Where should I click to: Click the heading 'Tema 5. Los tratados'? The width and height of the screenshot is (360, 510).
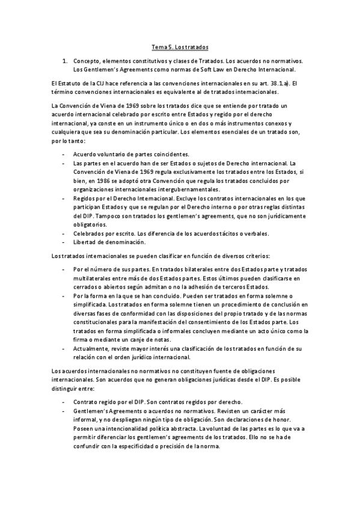[x=180, y=46]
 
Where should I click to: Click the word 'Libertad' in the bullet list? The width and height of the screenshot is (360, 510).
[x=84, y=242]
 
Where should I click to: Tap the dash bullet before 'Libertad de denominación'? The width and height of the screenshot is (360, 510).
[x=63, y=242]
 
